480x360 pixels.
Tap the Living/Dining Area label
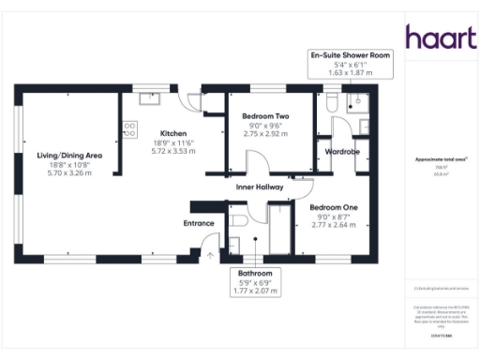[62, 156]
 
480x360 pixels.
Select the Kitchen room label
[174, 132]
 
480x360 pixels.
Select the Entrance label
[199, 223]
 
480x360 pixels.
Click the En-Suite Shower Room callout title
[351, 55]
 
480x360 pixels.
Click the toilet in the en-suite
[331, 101]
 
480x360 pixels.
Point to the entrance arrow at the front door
[211, 253]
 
